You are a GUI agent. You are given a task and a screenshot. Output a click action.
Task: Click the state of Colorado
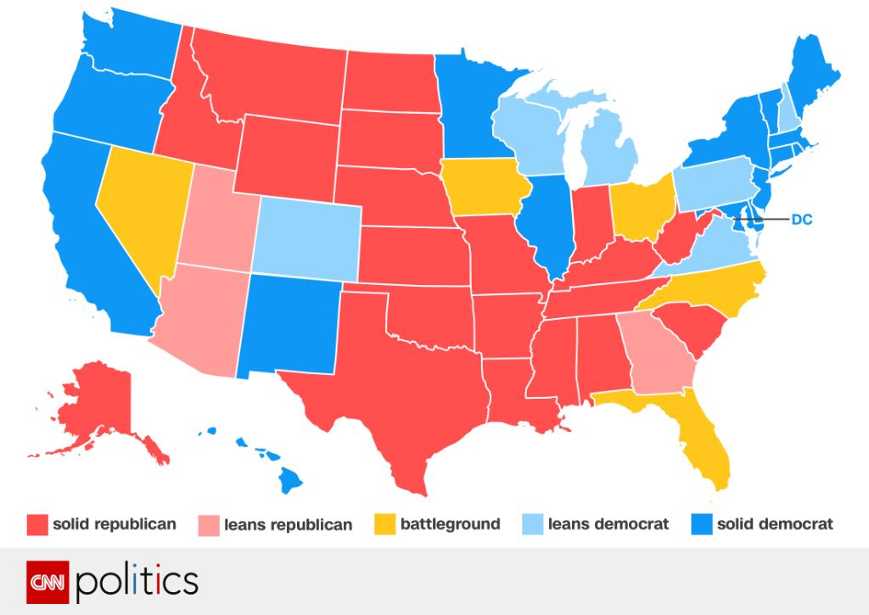coord(306,238)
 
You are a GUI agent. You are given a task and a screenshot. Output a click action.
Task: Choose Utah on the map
coord(217,221)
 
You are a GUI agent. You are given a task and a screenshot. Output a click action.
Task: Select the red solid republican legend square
coord(36,524)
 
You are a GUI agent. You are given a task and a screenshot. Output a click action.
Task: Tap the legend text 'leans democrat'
coord(608,524)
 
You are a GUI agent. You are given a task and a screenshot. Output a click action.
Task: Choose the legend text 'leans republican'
coord(288,524)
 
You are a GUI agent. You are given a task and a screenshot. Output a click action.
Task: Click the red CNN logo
coord(48,582)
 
